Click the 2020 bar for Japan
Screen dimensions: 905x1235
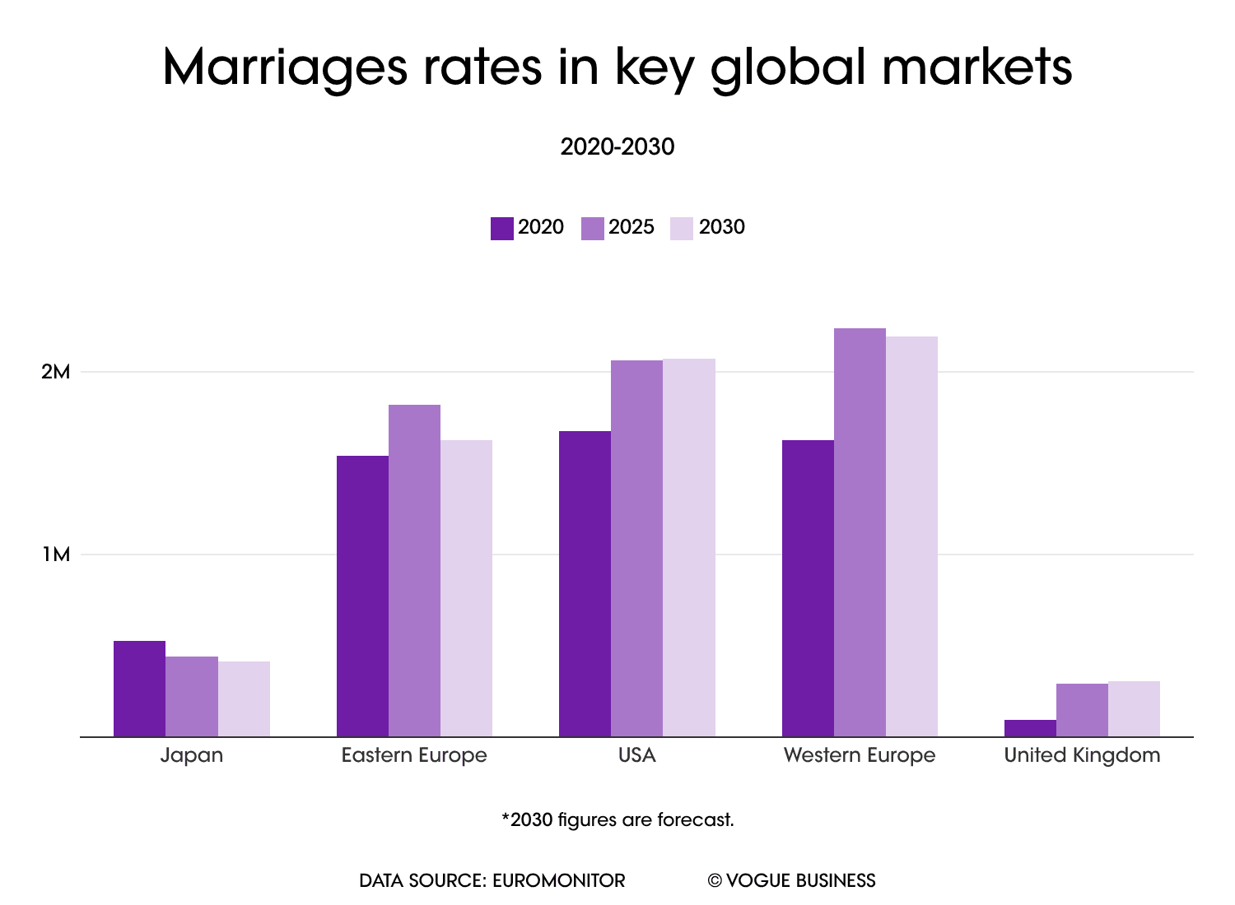point(139,689)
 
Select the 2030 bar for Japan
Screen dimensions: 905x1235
point(244,698)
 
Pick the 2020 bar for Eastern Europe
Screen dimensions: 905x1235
point(362,596)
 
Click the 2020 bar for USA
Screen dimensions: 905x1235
point(585,583)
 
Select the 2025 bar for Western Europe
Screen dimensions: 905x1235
point(860,532)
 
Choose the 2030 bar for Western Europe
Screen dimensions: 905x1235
point(911,536)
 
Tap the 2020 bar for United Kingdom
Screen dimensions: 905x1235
point(1030,728)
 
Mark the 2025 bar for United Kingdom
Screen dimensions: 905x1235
point(1082,710)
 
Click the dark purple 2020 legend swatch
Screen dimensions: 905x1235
point(501,228)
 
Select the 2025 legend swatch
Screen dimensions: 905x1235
point(592,228)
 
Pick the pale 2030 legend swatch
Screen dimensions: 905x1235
point(682,228)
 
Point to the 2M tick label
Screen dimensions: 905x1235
point(56,372)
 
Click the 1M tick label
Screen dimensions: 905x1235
point(56,555)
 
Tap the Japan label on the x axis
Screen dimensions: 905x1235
point(192,755)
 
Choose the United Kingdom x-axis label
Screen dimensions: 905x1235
point(1082,755)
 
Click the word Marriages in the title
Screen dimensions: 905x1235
point(284,67)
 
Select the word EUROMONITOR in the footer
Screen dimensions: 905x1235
point(558,880)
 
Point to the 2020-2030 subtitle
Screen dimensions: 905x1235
point(617,147)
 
